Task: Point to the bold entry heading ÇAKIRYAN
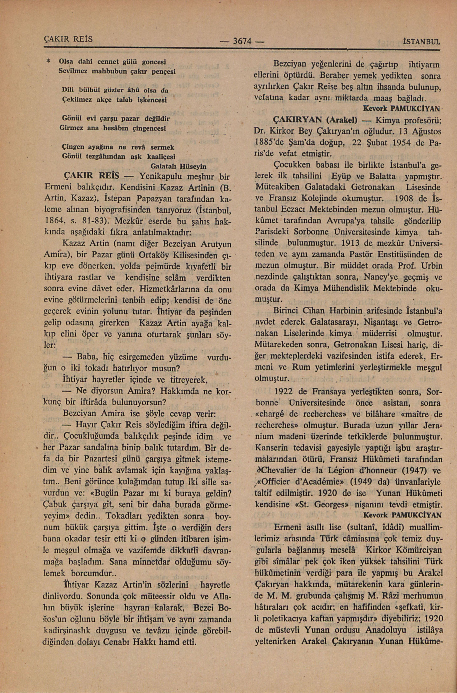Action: pos(297,120)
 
